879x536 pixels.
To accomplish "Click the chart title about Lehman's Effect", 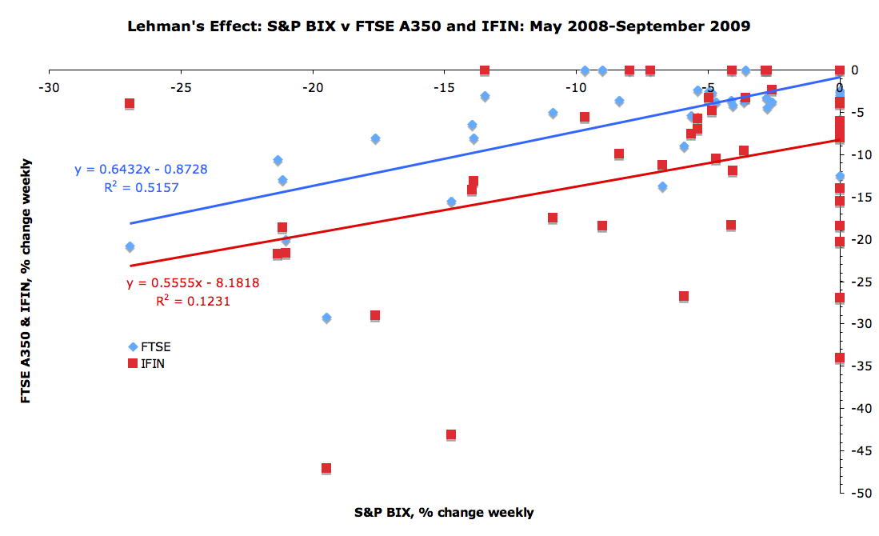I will click(439, 26).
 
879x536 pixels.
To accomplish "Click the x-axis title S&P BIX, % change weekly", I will click(444, 512).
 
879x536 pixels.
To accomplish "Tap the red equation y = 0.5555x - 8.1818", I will click(193, 283).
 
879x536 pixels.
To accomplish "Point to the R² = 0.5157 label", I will click(141, 187).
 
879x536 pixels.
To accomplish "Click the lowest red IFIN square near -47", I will click(326, 469).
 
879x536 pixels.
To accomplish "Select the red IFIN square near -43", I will click(451, 435).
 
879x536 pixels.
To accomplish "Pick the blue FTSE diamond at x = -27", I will click(130, 246).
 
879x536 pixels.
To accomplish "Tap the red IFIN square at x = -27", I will click(130, 104).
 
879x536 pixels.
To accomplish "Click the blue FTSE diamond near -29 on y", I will click(326, 318).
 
